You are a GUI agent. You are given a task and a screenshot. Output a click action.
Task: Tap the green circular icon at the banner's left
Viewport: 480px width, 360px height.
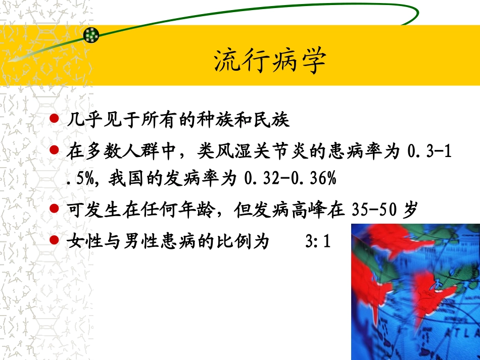91,34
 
